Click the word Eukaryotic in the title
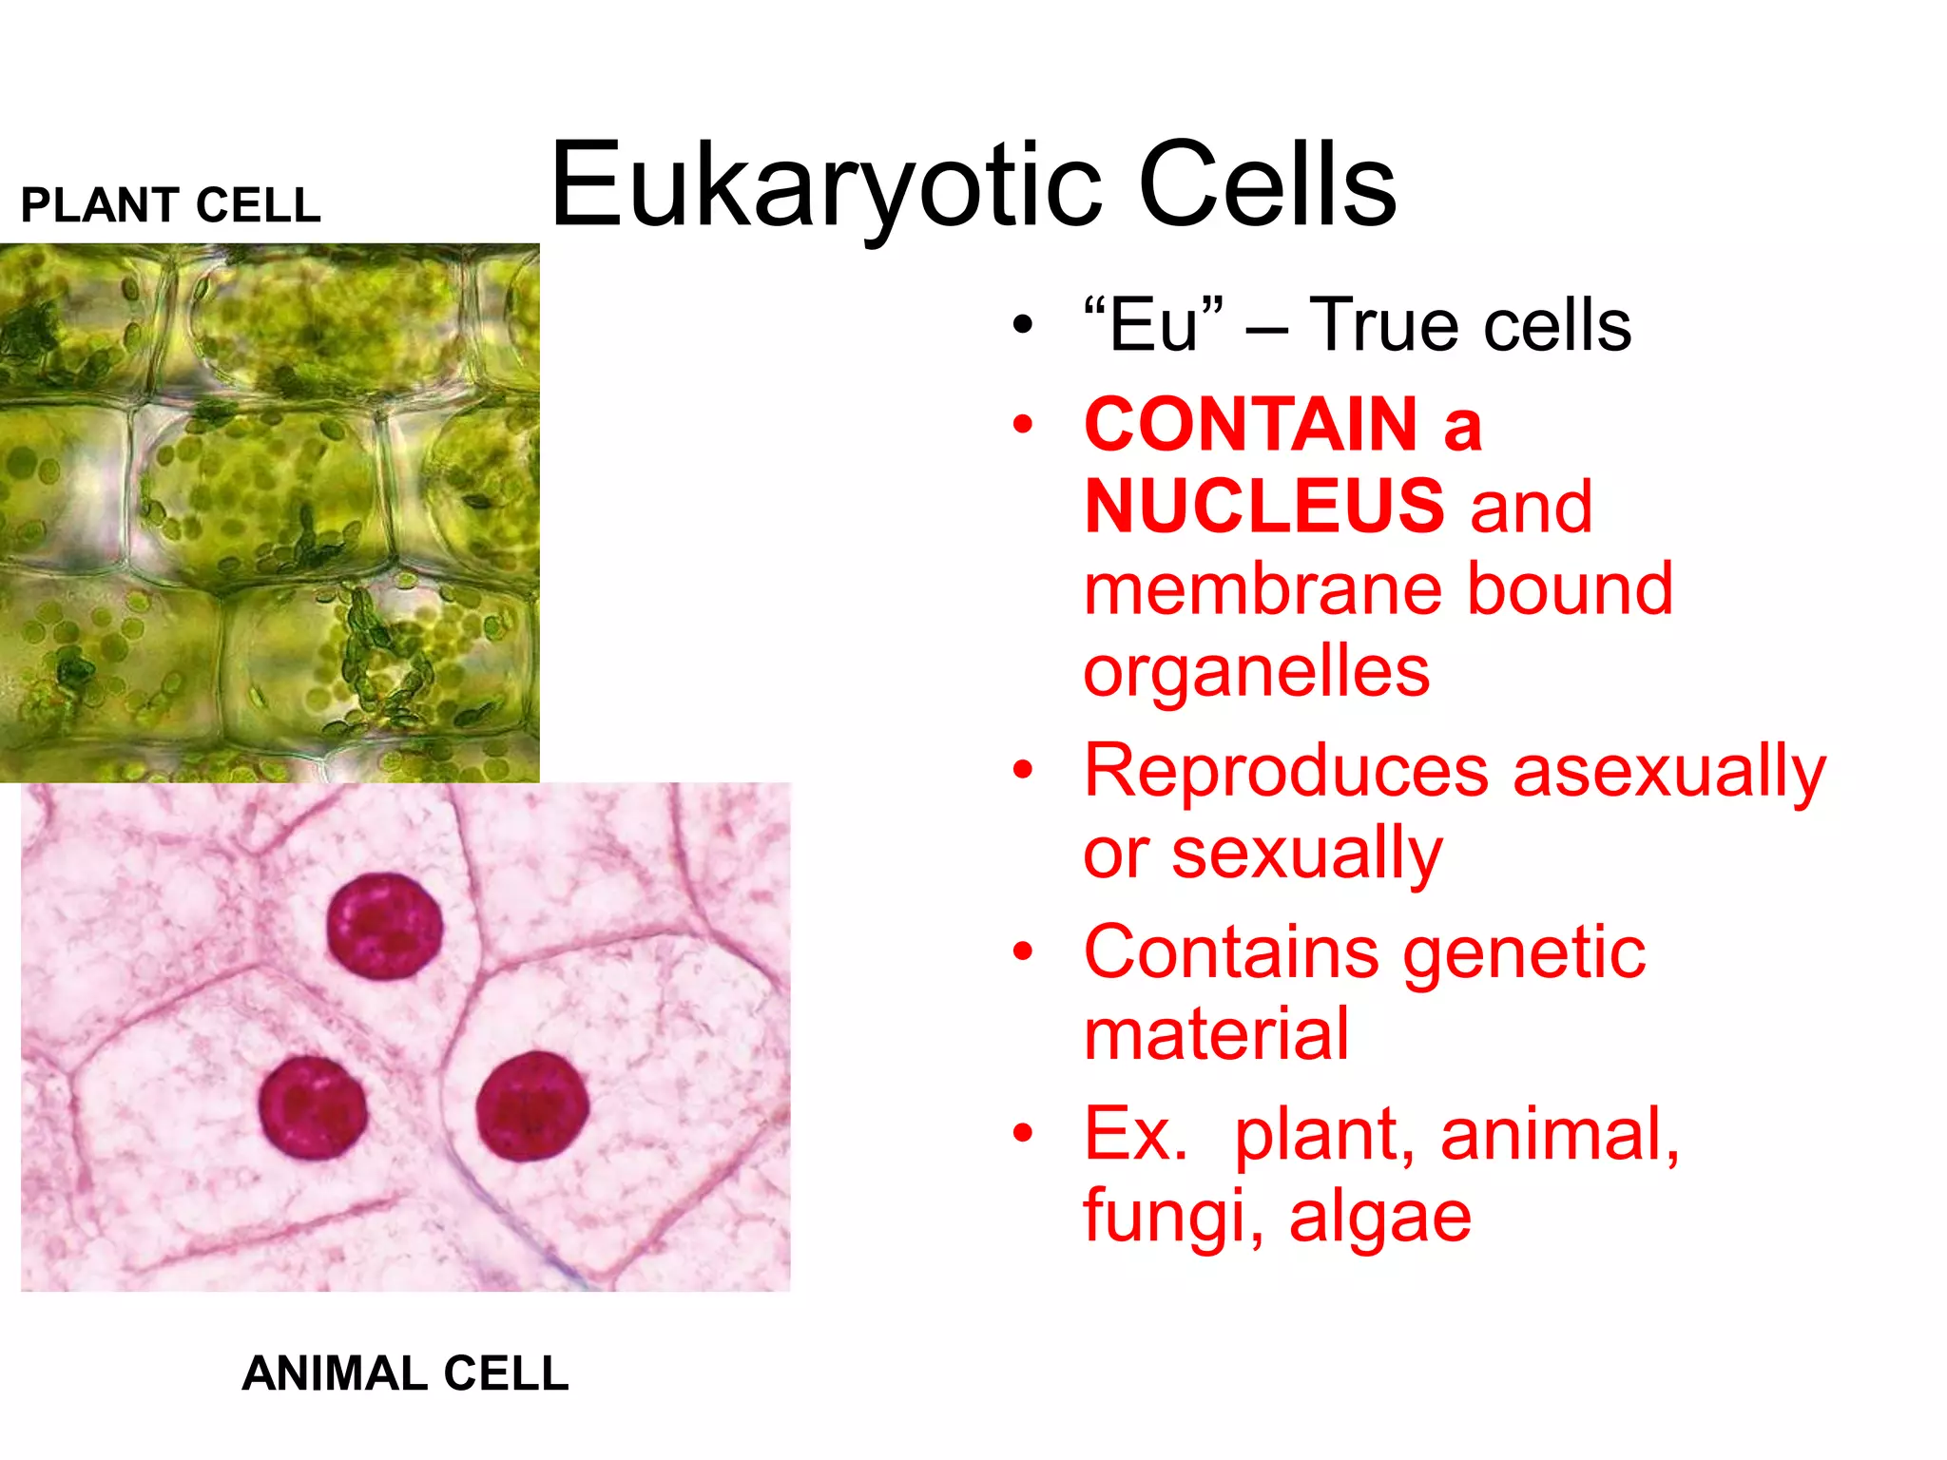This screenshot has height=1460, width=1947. (825, 185)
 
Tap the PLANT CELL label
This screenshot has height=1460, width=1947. (171, 205)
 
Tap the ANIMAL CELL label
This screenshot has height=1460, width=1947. (406, 1374)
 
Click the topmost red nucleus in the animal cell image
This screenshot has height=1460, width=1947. (385, 927)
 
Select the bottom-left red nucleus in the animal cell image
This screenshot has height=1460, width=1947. (313, 1108)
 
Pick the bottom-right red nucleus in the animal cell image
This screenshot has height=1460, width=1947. (532, 1106)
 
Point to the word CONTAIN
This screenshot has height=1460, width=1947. (1251, 424)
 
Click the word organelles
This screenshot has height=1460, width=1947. (1257, 673)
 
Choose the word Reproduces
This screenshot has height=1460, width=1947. (1286, 771)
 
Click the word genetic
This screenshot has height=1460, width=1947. (1525, 953)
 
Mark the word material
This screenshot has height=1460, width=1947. (1217, 1034)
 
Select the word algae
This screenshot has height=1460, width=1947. (1380, 1218)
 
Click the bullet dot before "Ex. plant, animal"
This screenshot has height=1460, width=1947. (1023, 1133)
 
